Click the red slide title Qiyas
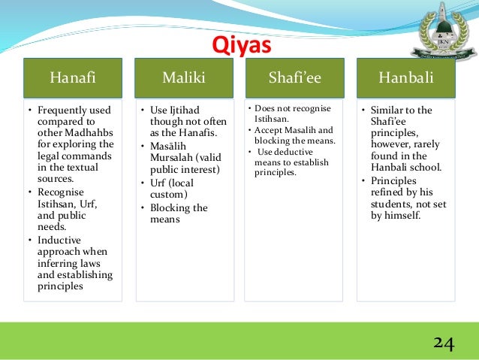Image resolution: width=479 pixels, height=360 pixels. (x=240, y=47)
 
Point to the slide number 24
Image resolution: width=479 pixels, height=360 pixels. (x=443, y=343)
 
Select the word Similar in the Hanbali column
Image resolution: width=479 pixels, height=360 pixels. (x=391, y=110)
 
